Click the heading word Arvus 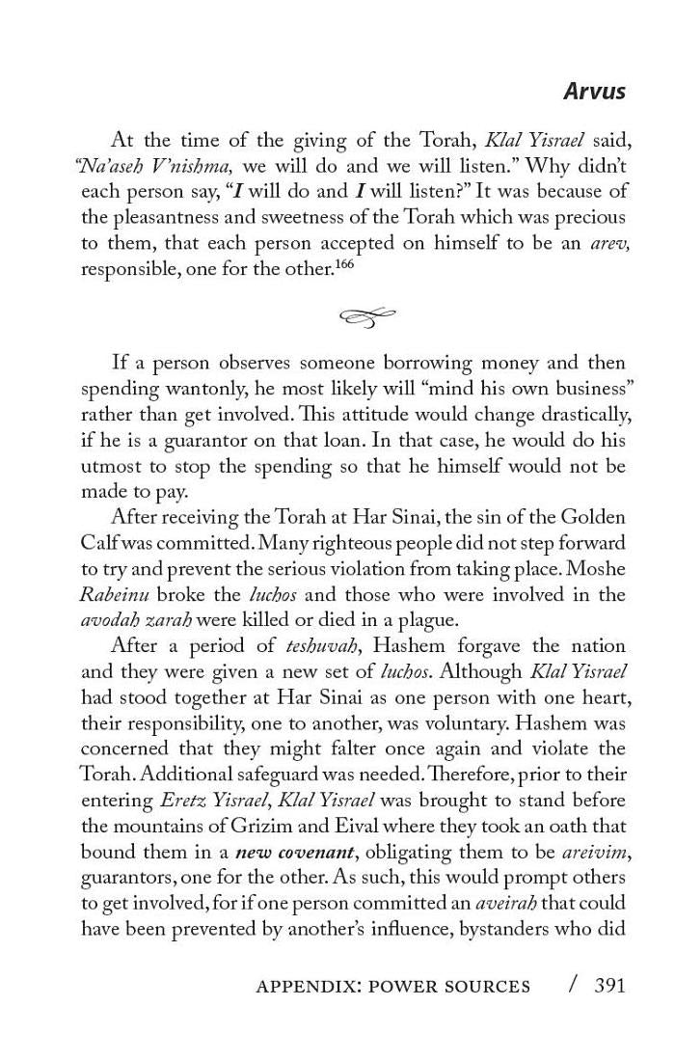click(594, 92)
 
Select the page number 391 click(609, 985)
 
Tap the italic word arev click(608, 244)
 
